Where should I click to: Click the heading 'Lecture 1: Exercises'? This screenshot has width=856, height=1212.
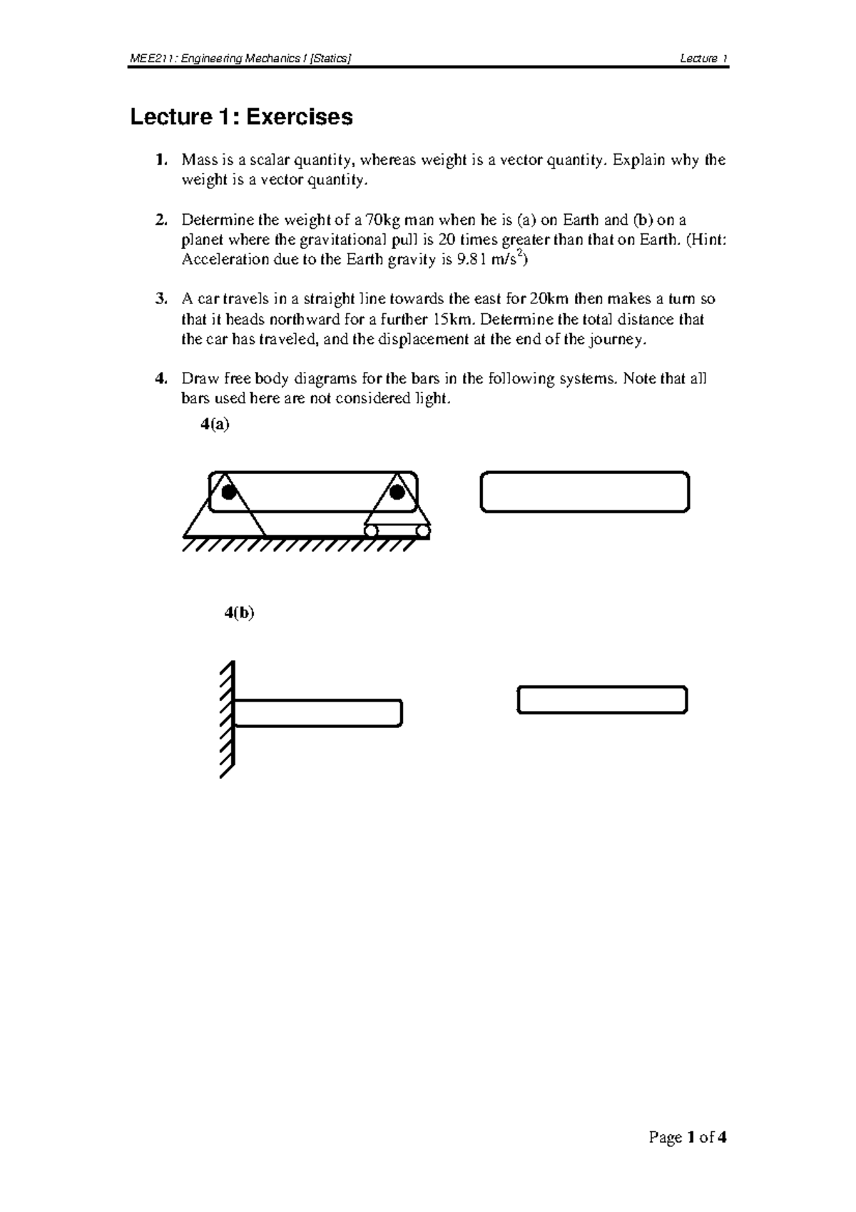pyautogui.click(x=241, y=117)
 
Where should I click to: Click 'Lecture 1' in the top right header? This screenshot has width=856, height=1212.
pyautogui.click(x=703, y=59)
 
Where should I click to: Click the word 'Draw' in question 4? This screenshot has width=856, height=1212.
pyautogui.click(x=197, y=378)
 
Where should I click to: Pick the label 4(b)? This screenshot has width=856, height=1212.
pyautogui.click(x=239, y=612)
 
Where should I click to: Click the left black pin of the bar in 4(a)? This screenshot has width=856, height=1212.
pyautogui.click(x=228, y=492)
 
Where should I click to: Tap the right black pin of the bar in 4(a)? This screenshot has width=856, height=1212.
pyautogui.click(x=397, y=492)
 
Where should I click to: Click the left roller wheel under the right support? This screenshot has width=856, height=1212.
pyautogui.click(x=370, y=530)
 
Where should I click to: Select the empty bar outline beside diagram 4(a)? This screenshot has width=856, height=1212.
pyautogui.click(x=585, y=492)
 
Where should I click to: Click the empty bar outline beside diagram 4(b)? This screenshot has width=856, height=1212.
pyautogui.click(x=602, y=700)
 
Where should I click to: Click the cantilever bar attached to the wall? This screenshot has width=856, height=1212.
pyautogui.click(x=318, y=713)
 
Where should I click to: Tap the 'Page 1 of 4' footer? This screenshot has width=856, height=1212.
pyautogui.click(x=687, y=1137)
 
